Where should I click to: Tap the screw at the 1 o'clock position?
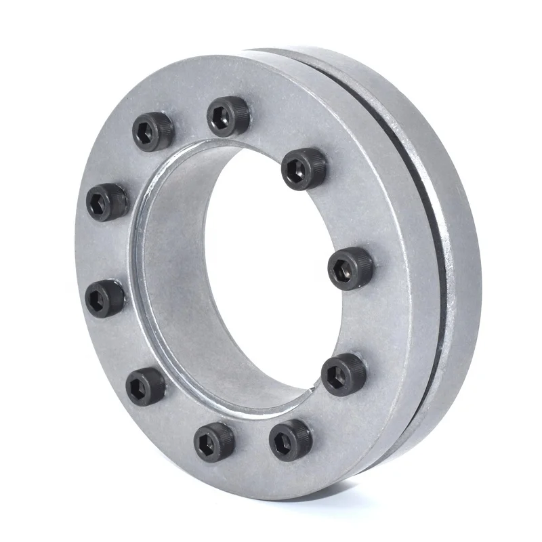click(x=304, y=169)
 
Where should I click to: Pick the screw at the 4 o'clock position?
click(x=343, y=374)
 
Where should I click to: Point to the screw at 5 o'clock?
click(x=291, y=440)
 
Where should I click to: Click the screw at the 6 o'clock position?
click(x=214, y=441)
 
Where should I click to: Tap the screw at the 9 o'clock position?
click(x=105, y=298)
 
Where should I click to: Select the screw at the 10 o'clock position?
click(x=107, y=202)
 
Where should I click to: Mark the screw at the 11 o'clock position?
click(x=153, y=130)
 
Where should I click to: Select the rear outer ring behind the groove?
click(x=461, y=271)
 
